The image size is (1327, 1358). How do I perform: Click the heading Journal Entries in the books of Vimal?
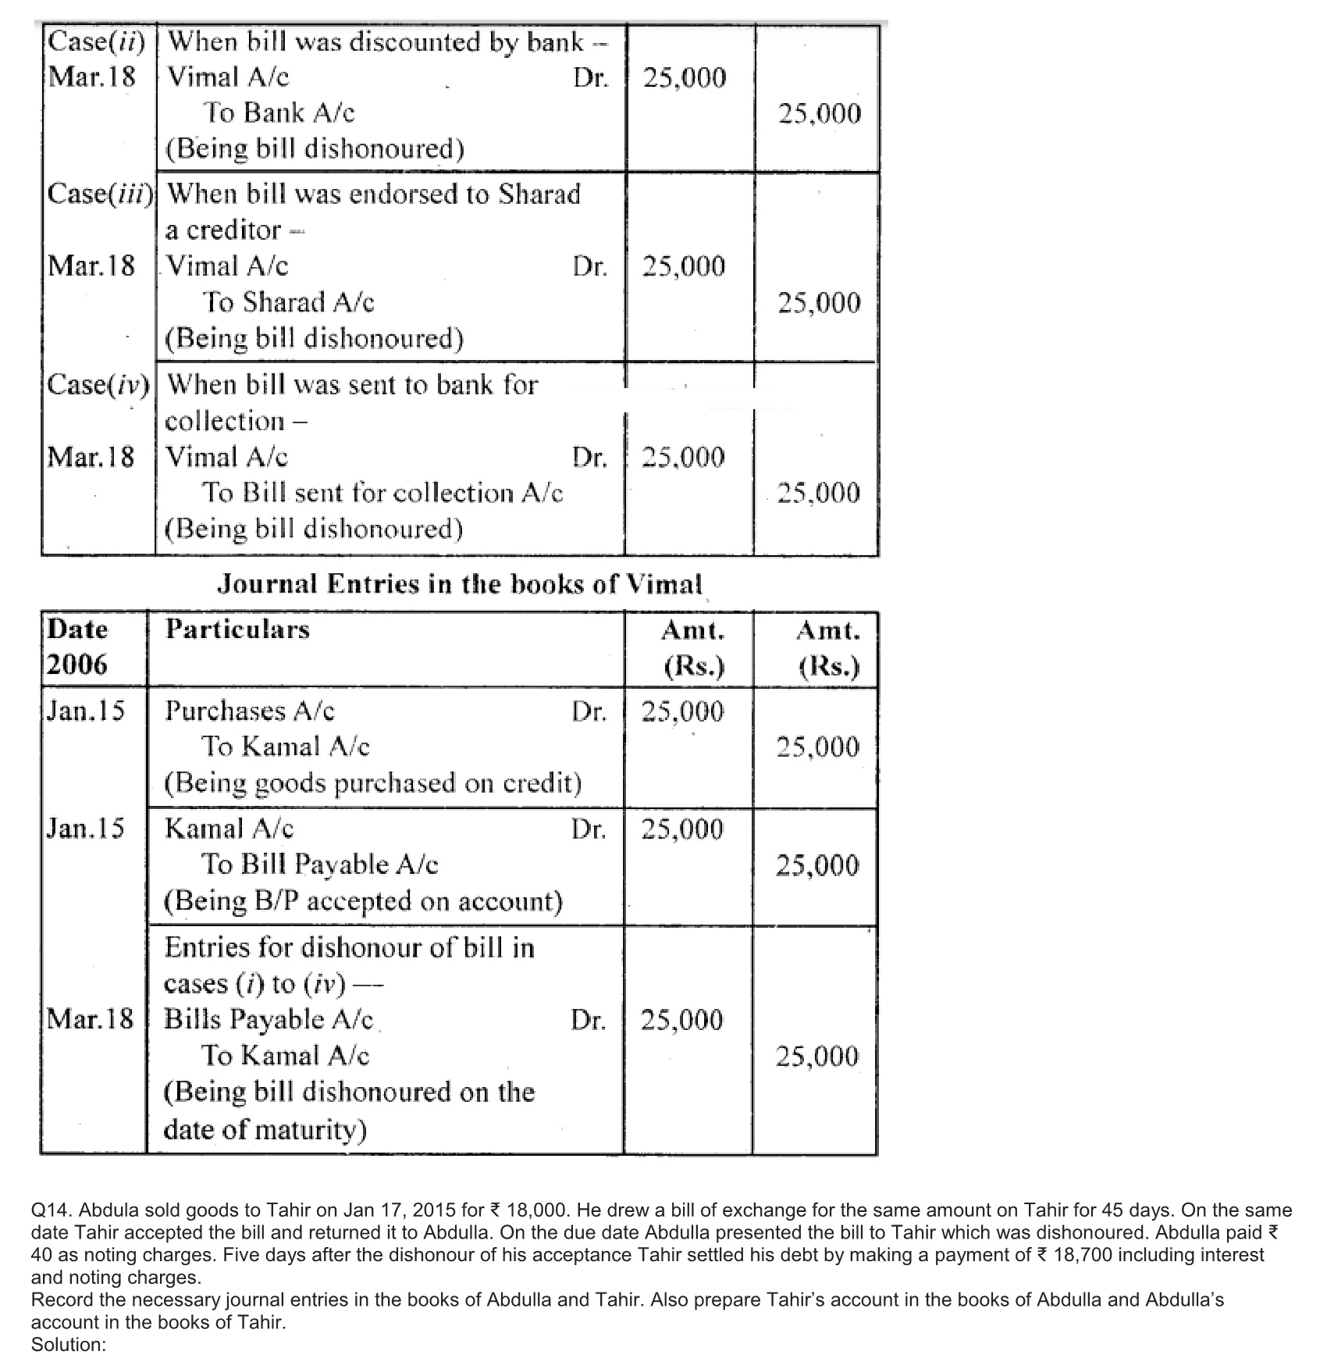click(x=459, y=584)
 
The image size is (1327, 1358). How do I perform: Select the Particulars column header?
click(x=237, y=629)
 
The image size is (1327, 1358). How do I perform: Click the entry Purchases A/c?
click(x=250, y=711)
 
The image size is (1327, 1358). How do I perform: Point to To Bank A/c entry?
click(x=279, y=113)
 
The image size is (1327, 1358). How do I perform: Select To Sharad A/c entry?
click(x=288, y=302)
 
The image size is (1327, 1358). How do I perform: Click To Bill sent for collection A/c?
click(x=382, y=493)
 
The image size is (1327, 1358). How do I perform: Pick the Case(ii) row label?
click(x=97, y=41)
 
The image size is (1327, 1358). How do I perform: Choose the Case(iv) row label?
click(x=99, y=384)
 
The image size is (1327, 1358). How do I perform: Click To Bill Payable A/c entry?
click(x=320, y=864)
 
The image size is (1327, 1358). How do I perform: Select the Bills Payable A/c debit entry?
click(x=269, y=1020)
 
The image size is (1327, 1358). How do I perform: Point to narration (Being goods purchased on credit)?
click(x=372, y=782)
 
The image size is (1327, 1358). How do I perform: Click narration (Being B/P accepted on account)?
click(x=363, y=901)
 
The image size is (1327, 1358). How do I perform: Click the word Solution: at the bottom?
click(x=69, y=1346)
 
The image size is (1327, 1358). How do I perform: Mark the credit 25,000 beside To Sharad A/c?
click(x=819, y=303)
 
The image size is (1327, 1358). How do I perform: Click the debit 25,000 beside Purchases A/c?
click(x=682, y=711)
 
